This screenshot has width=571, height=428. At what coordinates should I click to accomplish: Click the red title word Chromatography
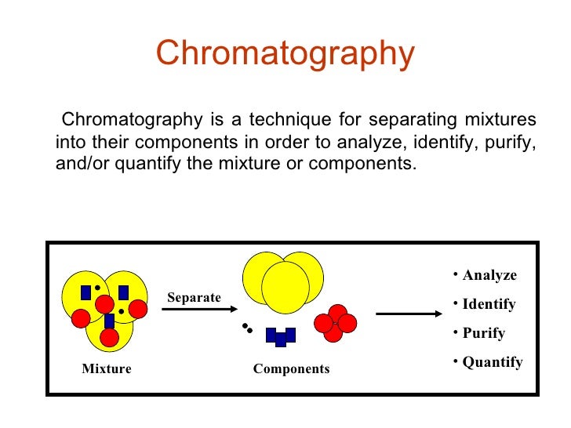pos(285,54)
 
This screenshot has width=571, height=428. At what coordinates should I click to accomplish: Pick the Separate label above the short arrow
pos(194,298)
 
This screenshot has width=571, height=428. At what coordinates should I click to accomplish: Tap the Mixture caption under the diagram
pos(107,368)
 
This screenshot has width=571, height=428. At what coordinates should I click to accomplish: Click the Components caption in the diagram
pos(291,368)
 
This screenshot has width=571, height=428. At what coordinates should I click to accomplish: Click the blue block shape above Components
pos(280,336)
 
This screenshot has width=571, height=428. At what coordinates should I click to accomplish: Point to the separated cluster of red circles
pos(336,323)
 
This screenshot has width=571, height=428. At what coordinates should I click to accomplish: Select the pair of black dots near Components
pos(247,328)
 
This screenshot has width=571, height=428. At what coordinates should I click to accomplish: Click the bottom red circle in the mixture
pos(110,338)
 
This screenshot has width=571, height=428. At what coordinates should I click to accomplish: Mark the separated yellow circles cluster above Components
pos(283,281)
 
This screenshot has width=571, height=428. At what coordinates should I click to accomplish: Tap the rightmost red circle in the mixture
pos(138,309)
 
